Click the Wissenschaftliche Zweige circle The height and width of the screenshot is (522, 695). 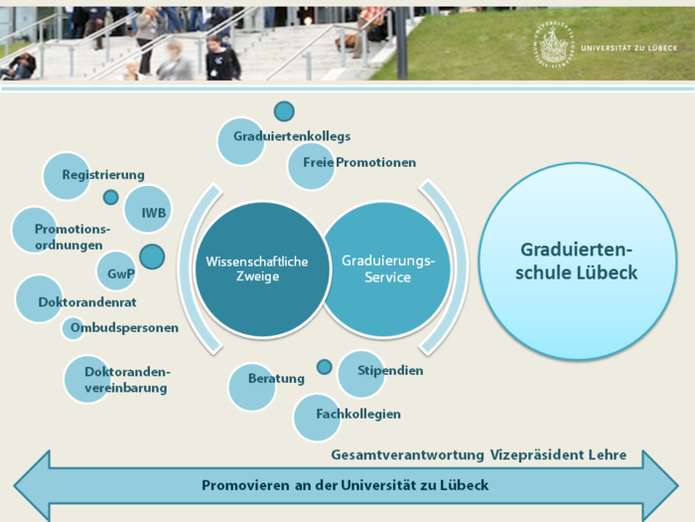(261, 269)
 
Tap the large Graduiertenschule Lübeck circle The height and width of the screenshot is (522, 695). (578, 261)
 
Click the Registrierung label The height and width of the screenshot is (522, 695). (103, 175)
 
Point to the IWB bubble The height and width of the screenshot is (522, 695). (148, 210)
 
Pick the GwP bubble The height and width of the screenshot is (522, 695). (116, 271)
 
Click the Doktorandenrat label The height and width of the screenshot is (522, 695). (87, 302)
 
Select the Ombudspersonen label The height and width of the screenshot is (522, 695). (124, 327)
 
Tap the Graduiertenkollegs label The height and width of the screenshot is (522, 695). (292, 136)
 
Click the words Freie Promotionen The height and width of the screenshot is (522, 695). (359, 162)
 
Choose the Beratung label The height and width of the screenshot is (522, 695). (276, 379)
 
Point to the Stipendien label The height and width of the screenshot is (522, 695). (390, 371)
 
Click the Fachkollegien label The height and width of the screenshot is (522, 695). (358, 415)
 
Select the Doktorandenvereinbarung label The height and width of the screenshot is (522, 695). (127, 380)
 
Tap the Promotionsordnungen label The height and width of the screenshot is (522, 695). (72, 237)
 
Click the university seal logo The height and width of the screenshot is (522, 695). (554, 46)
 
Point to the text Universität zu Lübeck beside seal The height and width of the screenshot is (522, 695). (628, 48)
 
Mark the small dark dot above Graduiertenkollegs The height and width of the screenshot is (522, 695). (284, 111)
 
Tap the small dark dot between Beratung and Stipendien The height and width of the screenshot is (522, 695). (324, 367)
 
